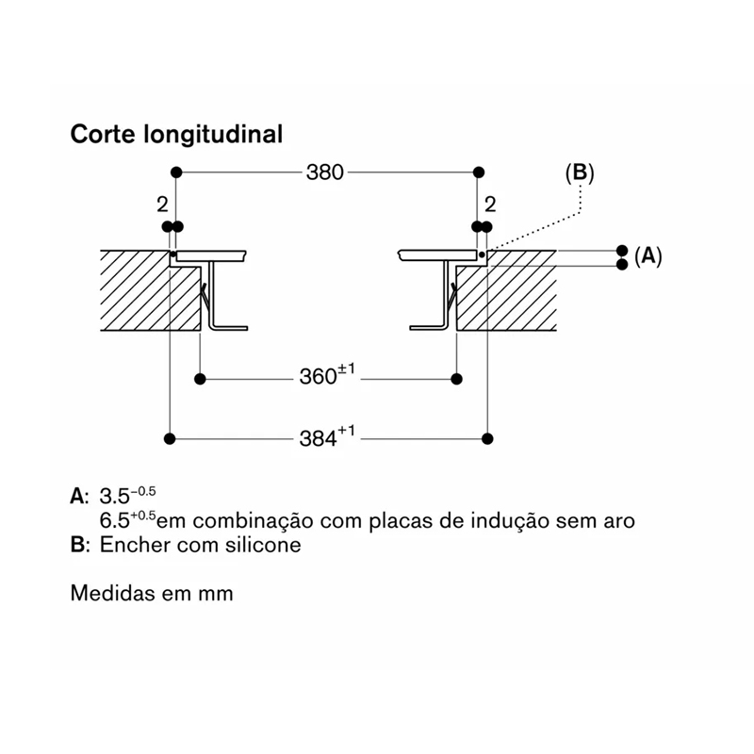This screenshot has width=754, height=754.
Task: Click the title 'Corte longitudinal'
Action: (176, 134)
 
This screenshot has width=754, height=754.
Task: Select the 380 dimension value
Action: (325, 172)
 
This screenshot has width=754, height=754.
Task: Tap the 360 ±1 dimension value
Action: (327, 375)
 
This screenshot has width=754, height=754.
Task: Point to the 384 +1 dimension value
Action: (327, 436)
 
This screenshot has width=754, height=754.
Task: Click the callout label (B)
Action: (580, 173)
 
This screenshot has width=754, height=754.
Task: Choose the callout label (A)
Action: (648, 256)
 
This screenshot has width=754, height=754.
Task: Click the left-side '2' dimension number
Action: (162, 205)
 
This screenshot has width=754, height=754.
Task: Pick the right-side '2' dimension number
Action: (490, 205)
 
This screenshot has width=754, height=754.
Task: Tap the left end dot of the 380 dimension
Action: (176, 172)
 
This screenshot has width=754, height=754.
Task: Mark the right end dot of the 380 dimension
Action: (479, 172)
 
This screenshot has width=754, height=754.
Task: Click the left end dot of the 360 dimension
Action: (200, 379)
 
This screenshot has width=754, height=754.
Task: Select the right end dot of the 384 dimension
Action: (487, 438)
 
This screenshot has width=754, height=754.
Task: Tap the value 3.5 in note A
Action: (114, 497)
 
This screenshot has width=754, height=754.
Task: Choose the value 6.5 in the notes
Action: (114, 521)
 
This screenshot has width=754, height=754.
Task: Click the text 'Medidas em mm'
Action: (152, 593)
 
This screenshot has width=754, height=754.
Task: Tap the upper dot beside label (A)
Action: (622, 251)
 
